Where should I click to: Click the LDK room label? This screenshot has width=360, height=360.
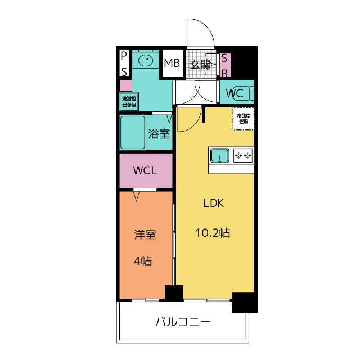click(x=214, y=204)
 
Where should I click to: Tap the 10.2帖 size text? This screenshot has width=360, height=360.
click(x=213, y=232)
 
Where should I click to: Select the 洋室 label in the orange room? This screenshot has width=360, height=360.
click(x=145, y=235)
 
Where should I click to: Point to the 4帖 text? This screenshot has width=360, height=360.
click(x=143, y=260)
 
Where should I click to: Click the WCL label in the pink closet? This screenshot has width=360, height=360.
click(x=145, y=170)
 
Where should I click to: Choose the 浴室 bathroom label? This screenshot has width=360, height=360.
click(x=159, y=134)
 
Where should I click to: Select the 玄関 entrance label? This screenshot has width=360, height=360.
click(x=200, y=64)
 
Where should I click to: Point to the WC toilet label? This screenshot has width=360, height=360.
click(x=235, y=93)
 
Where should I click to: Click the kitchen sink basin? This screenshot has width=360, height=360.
click(x=219, y=155)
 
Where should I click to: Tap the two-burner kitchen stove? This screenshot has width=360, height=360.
click(x=244, y=155)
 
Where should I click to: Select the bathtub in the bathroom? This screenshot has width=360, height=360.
click(x=132, y=132)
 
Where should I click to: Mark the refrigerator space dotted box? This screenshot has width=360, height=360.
click(x=244, y=118)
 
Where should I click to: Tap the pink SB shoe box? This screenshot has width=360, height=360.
click(x=224, y=65)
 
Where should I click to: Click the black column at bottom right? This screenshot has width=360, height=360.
click(x=244, y=303)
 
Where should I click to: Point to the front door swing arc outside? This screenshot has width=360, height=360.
click(x=201, y=31)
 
